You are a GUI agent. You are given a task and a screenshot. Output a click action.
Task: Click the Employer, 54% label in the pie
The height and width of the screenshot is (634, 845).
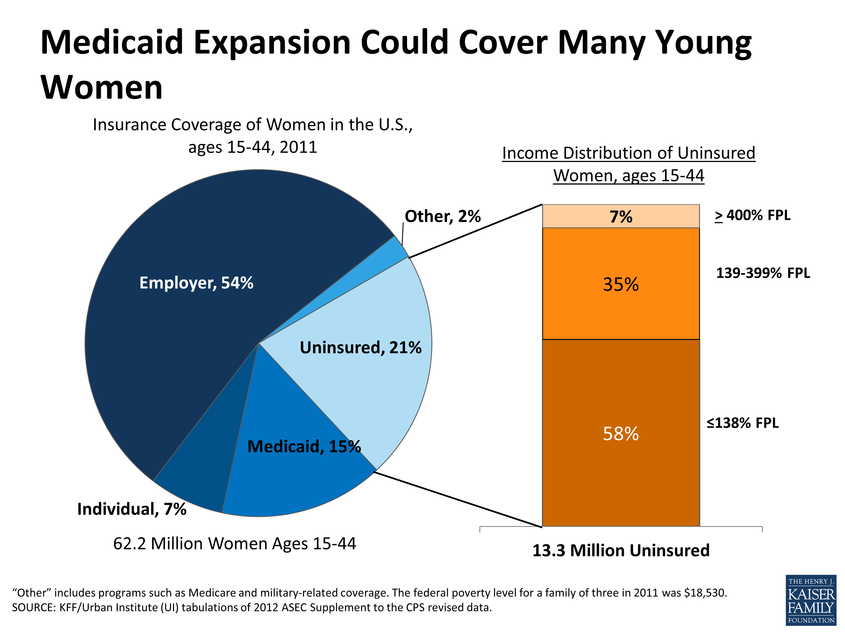pyautogui.click(x=196, y=283)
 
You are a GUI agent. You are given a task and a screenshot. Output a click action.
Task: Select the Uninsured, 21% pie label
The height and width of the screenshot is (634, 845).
pyautogui.click(x=360, y=348)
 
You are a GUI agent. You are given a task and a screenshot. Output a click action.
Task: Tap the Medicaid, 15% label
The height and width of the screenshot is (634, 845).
pyautogui.click(x=304, y=446)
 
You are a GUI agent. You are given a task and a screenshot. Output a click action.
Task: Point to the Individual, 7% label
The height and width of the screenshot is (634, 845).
pyautogui.click(x=132, y=509)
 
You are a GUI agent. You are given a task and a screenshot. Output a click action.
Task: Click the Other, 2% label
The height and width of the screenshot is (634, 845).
pyautogui.click(x=442, y=216)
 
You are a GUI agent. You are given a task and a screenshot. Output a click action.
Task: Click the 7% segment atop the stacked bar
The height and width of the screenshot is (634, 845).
pyautogui.click(x=621, y=217)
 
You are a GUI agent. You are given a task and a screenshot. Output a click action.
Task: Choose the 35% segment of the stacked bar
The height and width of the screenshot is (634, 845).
pyautogui.click(x=621, y=284)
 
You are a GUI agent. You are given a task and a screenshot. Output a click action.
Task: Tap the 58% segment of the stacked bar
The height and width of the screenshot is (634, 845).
pyautogui.click(x=621, y=433)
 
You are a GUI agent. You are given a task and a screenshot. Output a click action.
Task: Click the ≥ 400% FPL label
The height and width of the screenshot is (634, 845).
pyautogui.click(x=753, y=216)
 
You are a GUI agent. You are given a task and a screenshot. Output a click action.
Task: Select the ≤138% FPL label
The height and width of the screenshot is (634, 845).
pyautogui.click(x=742, y=423)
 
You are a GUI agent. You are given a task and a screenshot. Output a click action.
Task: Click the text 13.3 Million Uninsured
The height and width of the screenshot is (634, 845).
pyautogui.click(x=621, y=551)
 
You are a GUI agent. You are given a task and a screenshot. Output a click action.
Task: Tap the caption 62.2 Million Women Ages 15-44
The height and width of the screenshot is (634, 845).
pyautogui.click(x=235, y=544)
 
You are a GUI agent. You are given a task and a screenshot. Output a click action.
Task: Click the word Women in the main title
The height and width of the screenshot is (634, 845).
pyautogui.click(x=102, y=88)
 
